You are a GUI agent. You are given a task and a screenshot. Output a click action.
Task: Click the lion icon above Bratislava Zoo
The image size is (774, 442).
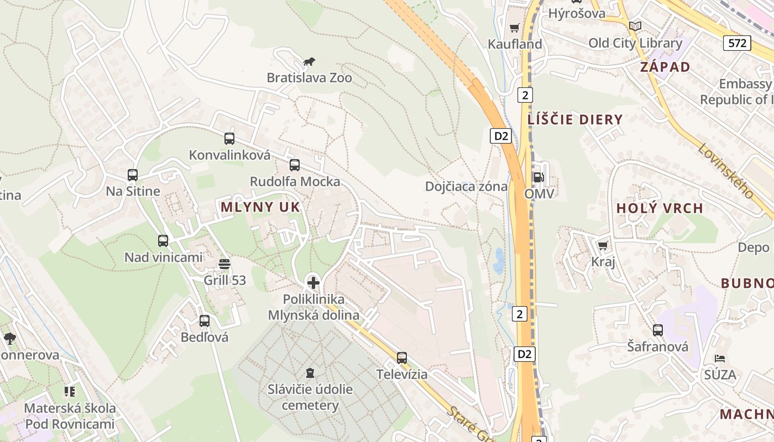click(x=310, y=62)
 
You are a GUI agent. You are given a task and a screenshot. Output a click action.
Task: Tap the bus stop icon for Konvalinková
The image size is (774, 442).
click(x=229, y=139)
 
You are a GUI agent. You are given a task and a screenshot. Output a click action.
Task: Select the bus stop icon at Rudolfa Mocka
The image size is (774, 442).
click(x=295, y=165)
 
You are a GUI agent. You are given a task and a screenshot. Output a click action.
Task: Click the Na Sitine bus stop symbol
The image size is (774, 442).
click(x=133, y=175)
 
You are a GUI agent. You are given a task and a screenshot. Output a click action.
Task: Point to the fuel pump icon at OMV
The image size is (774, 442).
click(x=538, y=177)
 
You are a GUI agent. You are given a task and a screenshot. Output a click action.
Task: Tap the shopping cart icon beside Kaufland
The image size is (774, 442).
click(x=515, y=28)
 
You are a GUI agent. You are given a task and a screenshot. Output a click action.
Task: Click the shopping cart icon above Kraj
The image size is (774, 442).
click(x=603, y=245)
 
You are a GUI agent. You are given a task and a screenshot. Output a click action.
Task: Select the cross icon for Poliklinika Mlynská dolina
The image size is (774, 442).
click(x=313, y=283)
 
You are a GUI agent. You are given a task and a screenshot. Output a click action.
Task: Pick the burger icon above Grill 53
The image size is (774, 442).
click(x=224, y=264)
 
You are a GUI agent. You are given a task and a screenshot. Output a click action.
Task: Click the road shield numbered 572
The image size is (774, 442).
click(x=738, y=43)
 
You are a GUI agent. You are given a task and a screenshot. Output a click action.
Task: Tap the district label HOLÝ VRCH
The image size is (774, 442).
click(x=660, y=208)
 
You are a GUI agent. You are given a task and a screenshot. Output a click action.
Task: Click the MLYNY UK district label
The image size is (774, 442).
click(x=260, y=207)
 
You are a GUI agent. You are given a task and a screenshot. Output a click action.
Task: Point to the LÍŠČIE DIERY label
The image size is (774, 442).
click(x=575, y=119)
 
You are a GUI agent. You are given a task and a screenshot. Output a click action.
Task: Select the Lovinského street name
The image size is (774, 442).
click(x=725, y=171)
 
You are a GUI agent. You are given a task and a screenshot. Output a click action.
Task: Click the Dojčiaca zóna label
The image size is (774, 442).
click(x=466, y=186)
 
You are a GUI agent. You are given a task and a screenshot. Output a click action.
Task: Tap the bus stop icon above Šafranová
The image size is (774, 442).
click(x=658, y=330)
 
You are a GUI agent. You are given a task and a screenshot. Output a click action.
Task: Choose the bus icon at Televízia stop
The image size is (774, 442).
click(x=402, y=358)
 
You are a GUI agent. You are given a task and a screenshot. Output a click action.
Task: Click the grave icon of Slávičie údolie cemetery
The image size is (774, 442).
click(x=310, y=373)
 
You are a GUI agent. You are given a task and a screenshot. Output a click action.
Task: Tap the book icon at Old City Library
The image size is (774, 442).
click(x=635, y=26)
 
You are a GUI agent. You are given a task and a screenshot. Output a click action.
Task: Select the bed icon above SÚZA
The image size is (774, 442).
click(x=720, y=359)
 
